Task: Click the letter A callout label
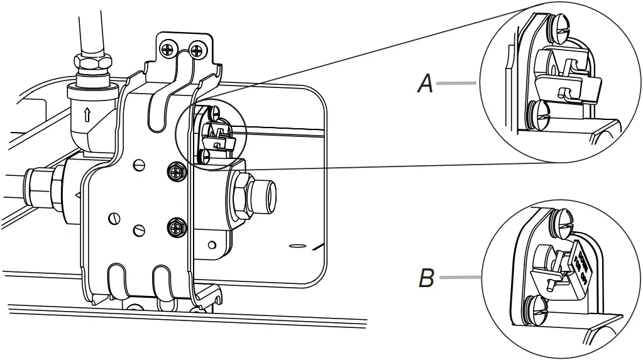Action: pos(426,83)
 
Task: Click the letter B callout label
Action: pos(426,278)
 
